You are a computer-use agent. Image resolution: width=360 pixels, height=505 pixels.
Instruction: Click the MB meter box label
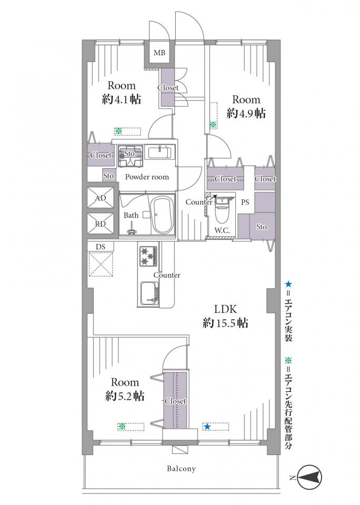(x=159, y=53)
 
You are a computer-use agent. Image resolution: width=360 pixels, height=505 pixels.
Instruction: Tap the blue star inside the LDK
(x=207, y=427)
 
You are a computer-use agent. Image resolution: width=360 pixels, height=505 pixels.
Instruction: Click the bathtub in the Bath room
(x=163, y=216)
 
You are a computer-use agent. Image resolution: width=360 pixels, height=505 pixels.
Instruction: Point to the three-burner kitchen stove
(x=148, y=256)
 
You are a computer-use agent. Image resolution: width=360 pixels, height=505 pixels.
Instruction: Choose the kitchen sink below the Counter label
(x=149, y=294)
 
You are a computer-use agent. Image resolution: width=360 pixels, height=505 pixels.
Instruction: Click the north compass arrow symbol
(x=309, y=477)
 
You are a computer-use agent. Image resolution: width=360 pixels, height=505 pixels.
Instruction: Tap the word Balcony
(x=181, y=468)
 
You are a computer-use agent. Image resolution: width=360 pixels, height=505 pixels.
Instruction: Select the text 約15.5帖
(x=226, y=322)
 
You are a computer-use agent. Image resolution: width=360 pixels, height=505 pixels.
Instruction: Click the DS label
(x=101, y=247)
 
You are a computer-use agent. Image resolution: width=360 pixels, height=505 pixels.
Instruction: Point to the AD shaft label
(x=101, y=198)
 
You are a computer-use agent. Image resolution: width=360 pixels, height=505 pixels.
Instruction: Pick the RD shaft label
(x=101, y=224)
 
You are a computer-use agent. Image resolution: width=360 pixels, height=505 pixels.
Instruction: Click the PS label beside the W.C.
(x=245, y=203)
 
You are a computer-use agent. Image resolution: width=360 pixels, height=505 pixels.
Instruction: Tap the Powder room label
(x=147, y=177)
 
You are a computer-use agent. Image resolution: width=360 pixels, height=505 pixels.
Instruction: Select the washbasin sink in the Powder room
(x=160, y=152)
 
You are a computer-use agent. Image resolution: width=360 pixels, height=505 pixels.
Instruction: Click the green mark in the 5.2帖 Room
(x=122, y=427)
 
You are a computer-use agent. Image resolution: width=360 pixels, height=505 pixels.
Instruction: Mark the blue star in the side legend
(x=288, y=284)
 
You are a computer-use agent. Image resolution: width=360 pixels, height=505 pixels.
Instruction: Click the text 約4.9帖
(x=246, y=114)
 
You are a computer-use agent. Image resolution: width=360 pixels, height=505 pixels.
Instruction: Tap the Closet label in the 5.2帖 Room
(x=175, y=401)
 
